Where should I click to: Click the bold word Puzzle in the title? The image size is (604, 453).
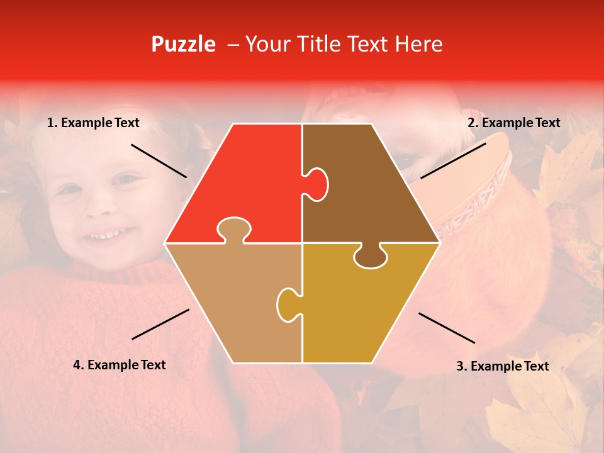click(183, 44)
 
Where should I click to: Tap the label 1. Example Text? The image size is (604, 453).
click(93, 123)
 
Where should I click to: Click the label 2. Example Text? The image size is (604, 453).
click(513, 123)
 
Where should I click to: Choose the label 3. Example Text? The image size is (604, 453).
click(502, 366)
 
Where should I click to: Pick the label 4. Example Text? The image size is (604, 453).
click(120, 365)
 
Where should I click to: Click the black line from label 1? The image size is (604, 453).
click(159, 160)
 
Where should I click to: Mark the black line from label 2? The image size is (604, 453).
click(453, 160)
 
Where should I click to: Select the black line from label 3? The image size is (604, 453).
click(447, 328)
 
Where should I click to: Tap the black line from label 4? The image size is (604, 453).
click(160, 324)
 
